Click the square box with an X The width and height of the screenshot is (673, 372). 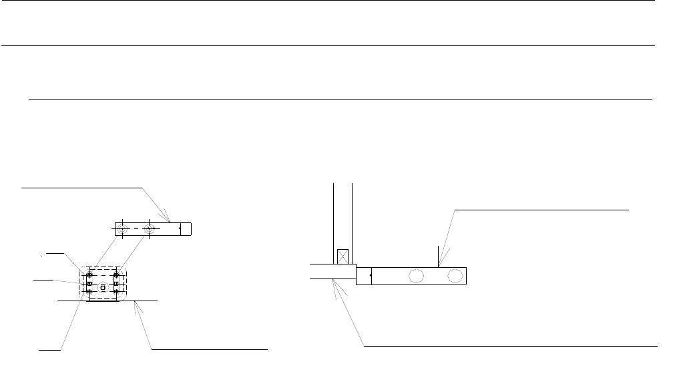click(343, 256)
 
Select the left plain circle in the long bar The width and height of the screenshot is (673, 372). click(416, 275)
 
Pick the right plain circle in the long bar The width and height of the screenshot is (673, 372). click(456, 275)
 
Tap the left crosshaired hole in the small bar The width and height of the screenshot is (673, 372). click(122, 229)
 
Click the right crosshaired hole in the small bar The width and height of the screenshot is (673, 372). click(151, 229)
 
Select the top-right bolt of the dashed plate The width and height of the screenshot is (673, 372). click(117, 275)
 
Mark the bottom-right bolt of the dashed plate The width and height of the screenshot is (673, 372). click(117, 292)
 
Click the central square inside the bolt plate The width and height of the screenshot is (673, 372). click(103, 288)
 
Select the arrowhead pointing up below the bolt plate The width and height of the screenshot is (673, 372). click(137, 306)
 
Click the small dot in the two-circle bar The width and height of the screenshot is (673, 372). click(371, 275)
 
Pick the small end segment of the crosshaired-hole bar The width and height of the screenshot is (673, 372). click(186, 229)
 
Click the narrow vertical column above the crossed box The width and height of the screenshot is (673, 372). click(343, 214)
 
